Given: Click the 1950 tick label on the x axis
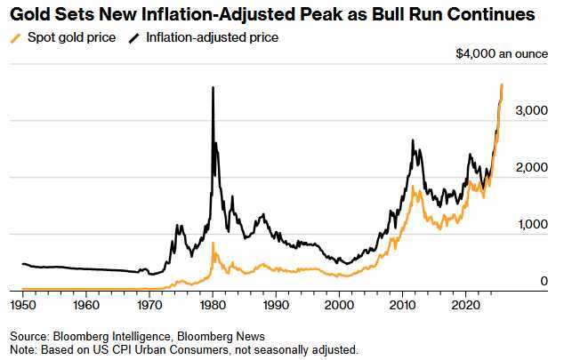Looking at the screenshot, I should (x=25, y=304).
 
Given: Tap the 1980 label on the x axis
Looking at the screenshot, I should (x=213, y=304).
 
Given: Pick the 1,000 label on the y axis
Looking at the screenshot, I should (x=532, y=224).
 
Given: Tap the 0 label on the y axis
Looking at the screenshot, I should (x=544, y=281).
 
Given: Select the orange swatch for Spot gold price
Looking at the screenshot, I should (x=13, y=37).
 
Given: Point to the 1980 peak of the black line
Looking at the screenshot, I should (x=213, y=87).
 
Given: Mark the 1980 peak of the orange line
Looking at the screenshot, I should (x=214, y=242).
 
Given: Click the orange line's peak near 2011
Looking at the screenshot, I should (x=413, y=186).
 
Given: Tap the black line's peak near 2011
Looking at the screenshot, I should (x=413, y=140).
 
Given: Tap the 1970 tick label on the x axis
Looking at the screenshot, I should (x=150, y=304).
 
